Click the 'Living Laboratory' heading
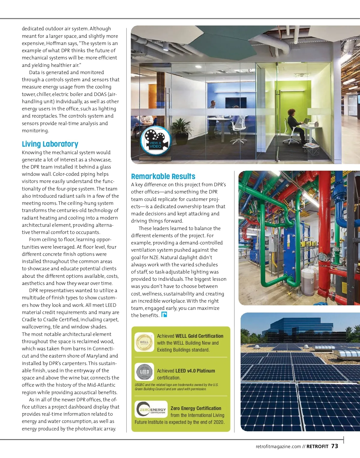click(x=50, y=144)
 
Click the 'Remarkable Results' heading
click(x=163, y=176)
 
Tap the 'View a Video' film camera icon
click(x=156, y=140)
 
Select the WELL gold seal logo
click(x=144, y=342)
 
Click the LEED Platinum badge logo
click(x=144, y=372)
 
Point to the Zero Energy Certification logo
click(x=151, y=409)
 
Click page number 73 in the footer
click(x=334, y=446)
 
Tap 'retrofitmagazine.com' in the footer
click(x=278, y=447)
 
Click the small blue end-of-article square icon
click(x=164, y=315)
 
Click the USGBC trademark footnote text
click(x=176, y=387)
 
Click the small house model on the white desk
click(x=316, y=124)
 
